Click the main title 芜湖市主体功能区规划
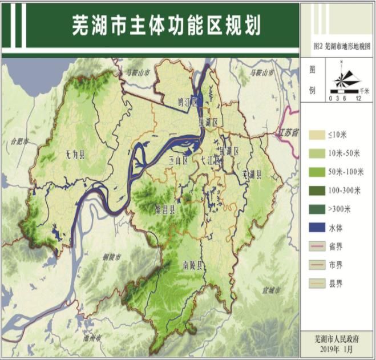click(166, 25)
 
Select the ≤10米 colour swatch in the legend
click(316, 135)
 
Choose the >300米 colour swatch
click(316, 209)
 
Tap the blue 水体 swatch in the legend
click(316, 228)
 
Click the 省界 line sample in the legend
click(316, 246)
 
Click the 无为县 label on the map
click(74, 155)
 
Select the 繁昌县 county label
click(165, 209)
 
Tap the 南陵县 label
click(193, 265)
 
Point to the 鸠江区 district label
click(187, 102)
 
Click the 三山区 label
click(178, 161)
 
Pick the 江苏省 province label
click(288, 133)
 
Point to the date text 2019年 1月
click(337, 349)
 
